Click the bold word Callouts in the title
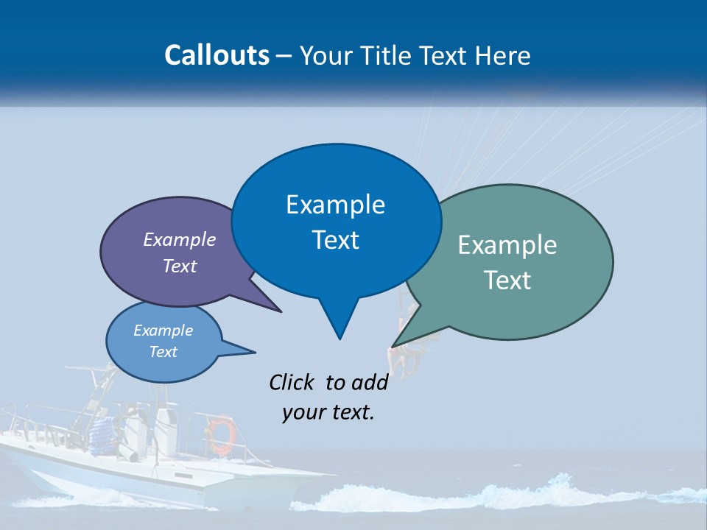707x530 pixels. pos(217,55)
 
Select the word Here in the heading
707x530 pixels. pos(503,55)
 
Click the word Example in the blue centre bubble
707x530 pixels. pos(335,205)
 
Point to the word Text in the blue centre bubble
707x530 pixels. pos(335,240)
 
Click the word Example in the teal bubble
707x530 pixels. pos(507,245)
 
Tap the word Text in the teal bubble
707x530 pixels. pos(507,280)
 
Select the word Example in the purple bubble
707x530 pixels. pos(180,239)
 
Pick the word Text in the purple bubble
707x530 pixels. pos(180,266)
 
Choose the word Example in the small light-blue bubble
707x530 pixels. pos(163,331)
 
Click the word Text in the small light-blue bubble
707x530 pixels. pos(163,352)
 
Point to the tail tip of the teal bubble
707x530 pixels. pos(394,344)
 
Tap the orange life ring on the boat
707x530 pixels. pos(221,434)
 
